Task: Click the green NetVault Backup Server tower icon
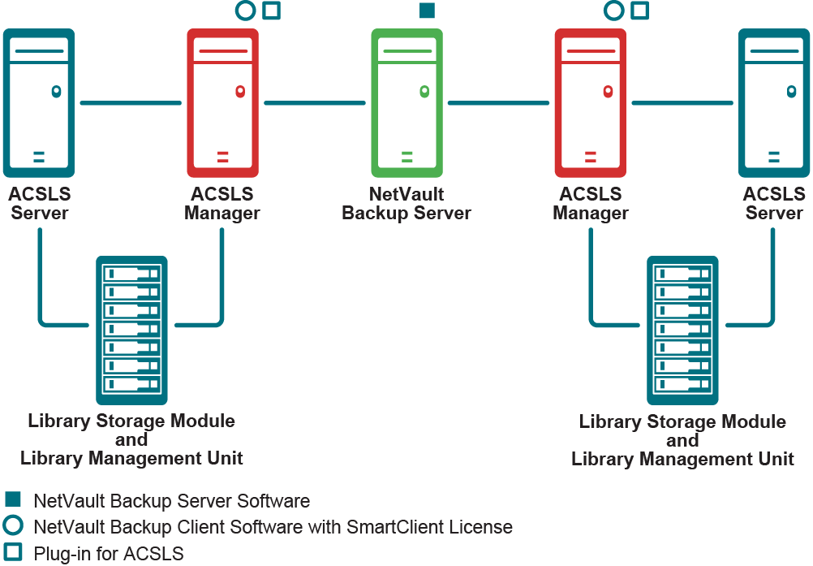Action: [x=406, y=103]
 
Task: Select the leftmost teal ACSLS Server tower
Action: [x=39, y=103]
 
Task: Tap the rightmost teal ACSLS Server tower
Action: [x=774, y=103]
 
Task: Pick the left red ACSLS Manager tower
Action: [x=223, y=103]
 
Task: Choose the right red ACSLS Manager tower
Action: [x=591, y=103]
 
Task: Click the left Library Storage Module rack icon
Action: [x=131, y=330]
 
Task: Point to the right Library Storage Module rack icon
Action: [x=682, y=330]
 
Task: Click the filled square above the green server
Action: [x=427, y=11]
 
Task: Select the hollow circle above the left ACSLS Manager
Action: [x=244, y=11]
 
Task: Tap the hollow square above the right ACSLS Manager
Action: [x=640, y=11]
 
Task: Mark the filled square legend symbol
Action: [x=13, y=499]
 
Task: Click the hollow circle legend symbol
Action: [x=13, y=525]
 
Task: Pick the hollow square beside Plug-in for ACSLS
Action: [x=13, y=551]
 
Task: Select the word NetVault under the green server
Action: [x=406, y=195]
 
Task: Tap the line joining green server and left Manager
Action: [x=315, y=103]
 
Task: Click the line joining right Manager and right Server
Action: [x=682, y=103]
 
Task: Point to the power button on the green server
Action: [x=424, y=92]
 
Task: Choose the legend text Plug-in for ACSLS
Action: [x=109, y=554]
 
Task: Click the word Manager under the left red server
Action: [x=222, y=214]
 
